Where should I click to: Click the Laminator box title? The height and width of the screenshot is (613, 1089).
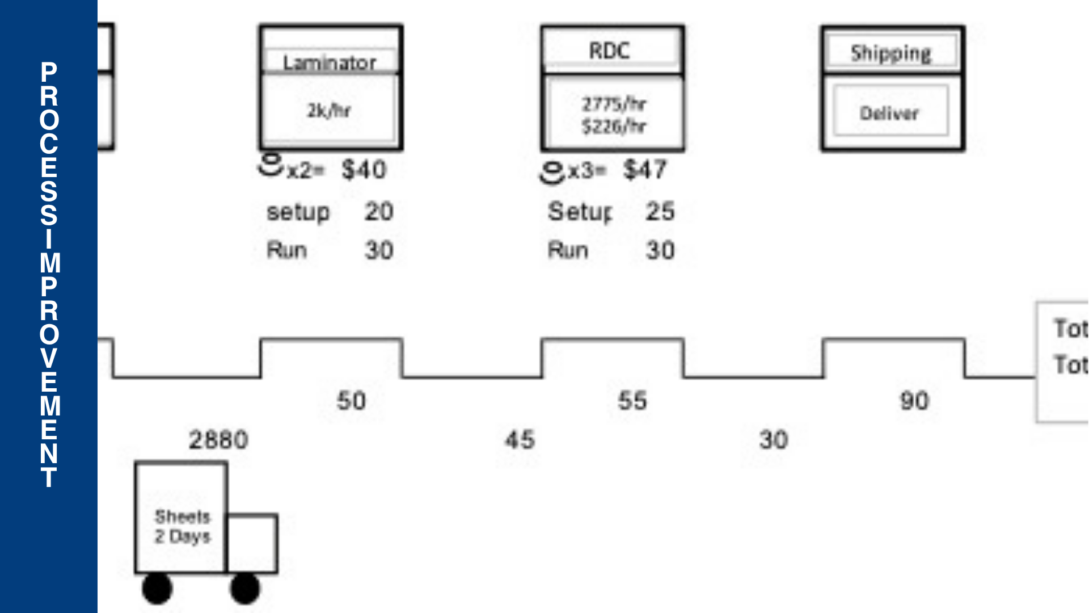click(330, 62)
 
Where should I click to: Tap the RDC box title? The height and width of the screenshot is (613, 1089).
click(610, 51)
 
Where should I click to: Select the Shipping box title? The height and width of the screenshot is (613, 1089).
click(890, 53)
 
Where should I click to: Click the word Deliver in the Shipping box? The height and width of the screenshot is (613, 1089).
click(889, 113)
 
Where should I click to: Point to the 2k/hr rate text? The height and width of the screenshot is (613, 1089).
click(329, 110)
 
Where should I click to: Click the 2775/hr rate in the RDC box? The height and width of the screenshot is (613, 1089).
click(614, 104)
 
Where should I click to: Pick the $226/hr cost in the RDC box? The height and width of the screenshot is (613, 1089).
click(614, 126)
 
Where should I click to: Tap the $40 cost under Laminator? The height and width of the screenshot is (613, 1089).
click(364, 170)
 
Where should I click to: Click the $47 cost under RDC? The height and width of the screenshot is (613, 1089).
click(645, 169)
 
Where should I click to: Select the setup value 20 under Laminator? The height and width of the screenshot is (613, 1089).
click(379, 212)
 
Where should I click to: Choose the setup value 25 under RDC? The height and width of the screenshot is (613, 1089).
click(660, 211)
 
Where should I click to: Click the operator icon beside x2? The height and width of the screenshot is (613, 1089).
click(271, 165)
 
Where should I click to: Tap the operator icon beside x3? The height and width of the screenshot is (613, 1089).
click(552, 173)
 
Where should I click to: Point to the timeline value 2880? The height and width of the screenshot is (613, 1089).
click(218, 440)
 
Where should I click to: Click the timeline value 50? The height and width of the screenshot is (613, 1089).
click(352, 401)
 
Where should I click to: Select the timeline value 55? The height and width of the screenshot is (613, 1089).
click(632, 401)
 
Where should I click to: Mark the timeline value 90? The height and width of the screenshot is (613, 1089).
click(914, 401)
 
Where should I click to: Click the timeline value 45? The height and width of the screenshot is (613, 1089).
click(520, 440)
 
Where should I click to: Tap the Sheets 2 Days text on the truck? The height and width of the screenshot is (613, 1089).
click(182, 526)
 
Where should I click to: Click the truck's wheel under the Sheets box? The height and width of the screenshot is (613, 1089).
click(157, 589)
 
